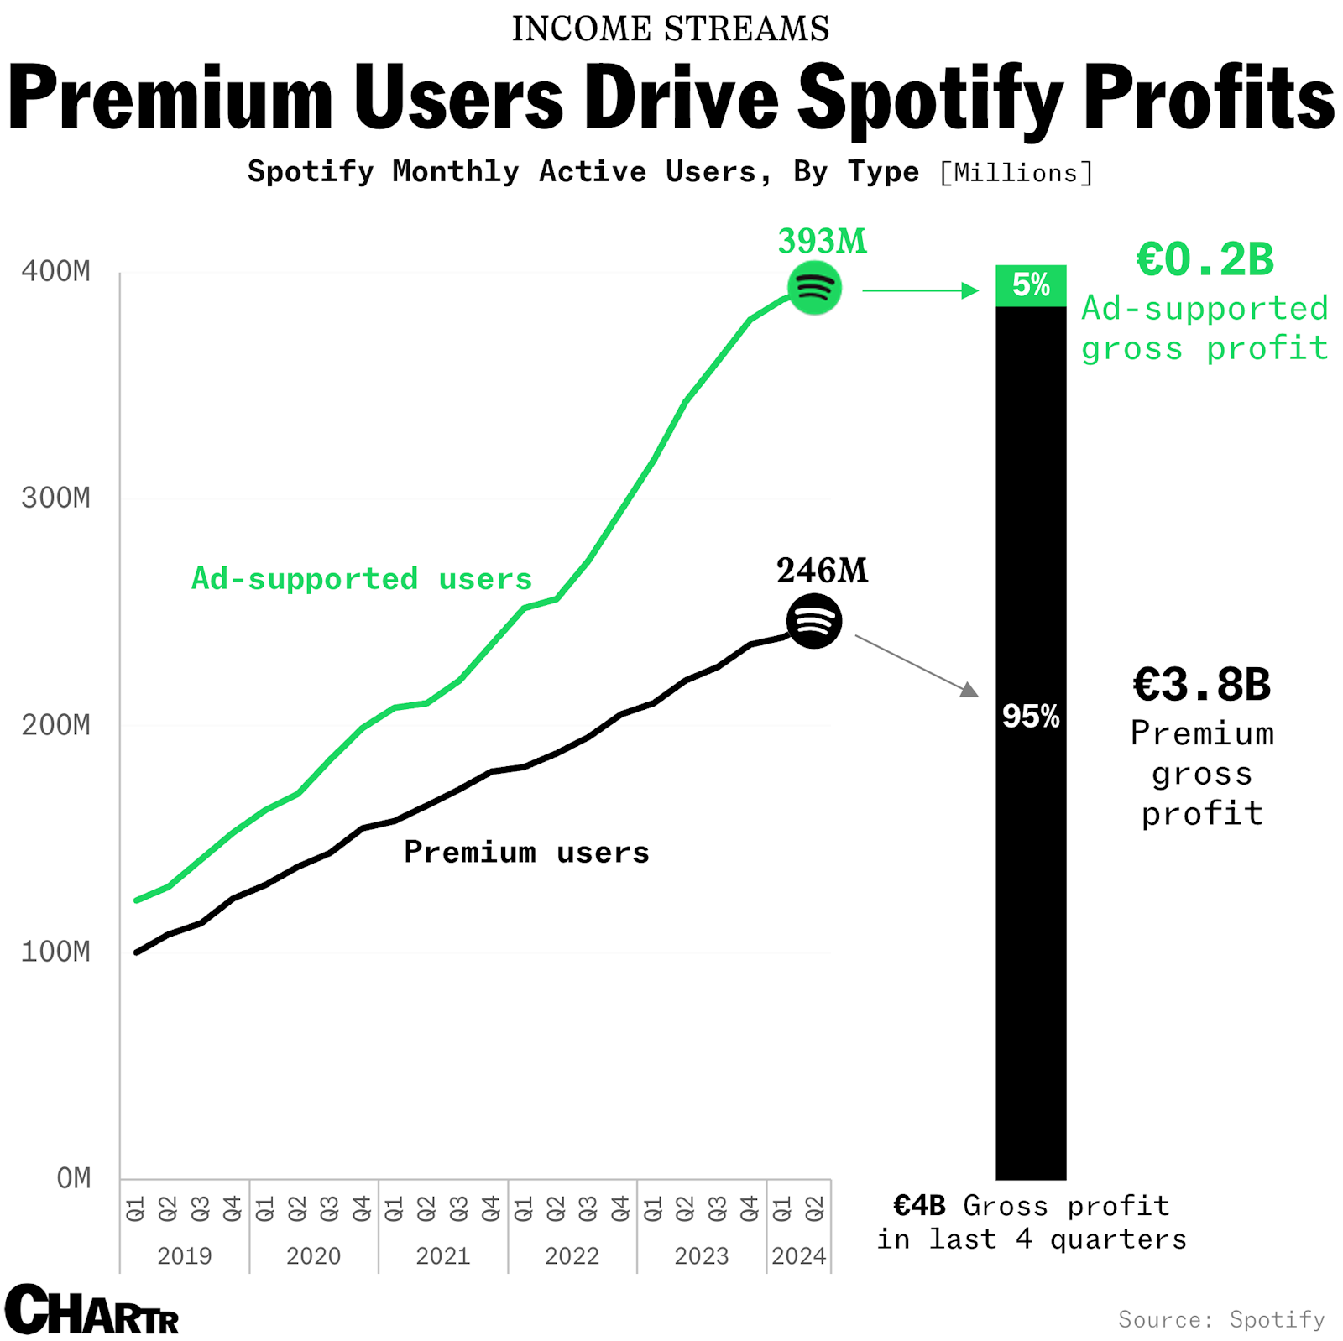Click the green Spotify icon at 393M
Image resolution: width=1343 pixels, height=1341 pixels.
(813, 288)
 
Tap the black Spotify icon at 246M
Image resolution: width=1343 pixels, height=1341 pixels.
(813, 621)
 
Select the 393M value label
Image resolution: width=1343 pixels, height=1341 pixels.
(822, 242)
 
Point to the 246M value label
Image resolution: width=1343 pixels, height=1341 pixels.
(822, 571)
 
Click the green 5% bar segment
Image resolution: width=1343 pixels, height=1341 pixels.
(1031, 285)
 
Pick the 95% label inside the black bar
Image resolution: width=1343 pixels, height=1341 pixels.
(1031, 717)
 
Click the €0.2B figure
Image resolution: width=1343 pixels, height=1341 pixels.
(1205, 259)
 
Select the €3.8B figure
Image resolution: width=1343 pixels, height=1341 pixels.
(1202, 685)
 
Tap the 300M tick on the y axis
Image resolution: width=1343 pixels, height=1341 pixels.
(55, 498)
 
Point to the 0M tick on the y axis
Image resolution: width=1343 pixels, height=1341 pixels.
(73, 1178)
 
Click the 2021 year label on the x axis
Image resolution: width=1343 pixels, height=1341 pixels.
(442, 1256)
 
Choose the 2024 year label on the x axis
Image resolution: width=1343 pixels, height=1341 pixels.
(798, 1256)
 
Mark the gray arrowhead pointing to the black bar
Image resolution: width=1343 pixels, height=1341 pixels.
(969, 690)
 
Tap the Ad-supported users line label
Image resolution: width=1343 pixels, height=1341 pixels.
(362, 579)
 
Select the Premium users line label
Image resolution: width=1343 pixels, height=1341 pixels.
(526, 853)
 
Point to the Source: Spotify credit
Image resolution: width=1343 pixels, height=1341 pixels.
(1221, 1319)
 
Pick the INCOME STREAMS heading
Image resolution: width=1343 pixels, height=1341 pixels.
(671, 29)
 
